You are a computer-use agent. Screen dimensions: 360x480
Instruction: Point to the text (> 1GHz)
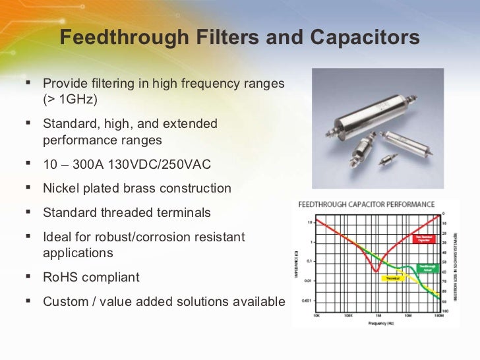[x=70, y=100]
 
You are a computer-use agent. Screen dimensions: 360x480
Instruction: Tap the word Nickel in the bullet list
[x=61, y=188]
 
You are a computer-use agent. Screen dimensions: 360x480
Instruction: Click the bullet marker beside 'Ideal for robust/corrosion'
[x=28, y=235]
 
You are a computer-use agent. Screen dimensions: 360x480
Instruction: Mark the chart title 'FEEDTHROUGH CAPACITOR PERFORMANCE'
[x=367, y=204]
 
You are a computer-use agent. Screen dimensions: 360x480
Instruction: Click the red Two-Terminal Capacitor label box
[x=424, y=239]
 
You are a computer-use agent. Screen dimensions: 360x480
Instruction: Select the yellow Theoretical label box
[x=394, y=278]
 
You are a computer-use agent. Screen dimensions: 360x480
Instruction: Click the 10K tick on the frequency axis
[x=317, y=316]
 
